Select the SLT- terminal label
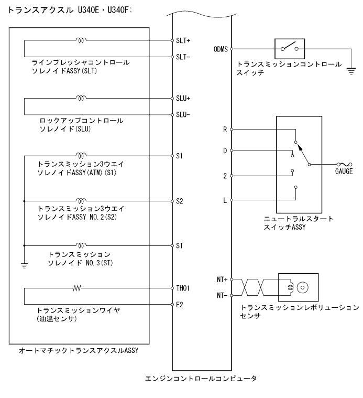pyautogui.click(x=183, y=56)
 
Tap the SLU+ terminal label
pyautogui.click(x=184, y=99)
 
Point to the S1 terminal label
pyautogui.click(x=181, y=156)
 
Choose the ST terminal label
pyautogui.click(x=181, y=245)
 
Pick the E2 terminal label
pyautogui.click(x=181, y=304)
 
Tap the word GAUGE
pyautogui.click(x=344, y=171)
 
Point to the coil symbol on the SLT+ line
pyautogui.click(x=81, y=40)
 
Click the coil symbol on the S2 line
pyautogui.click(x=81, y=200)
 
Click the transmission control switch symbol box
pyautogui.click(x=290, y=49)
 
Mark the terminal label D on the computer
pyautogui.click(x=225, y=150)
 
